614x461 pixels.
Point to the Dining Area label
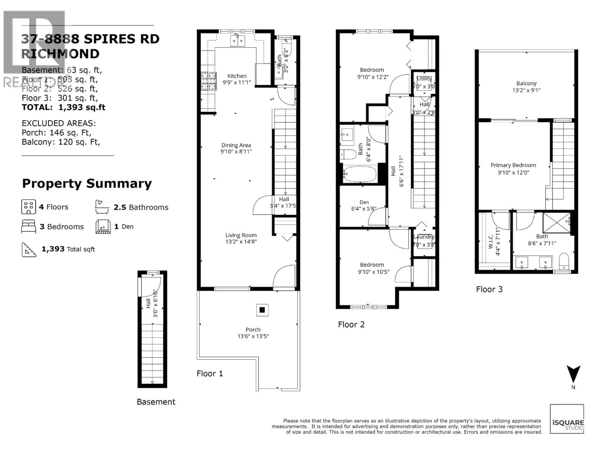point(236,145)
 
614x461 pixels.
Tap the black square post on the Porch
point(262,310)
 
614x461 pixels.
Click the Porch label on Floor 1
point(253,330)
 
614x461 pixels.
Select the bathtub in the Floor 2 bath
point(360,174)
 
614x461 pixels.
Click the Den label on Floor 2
point(364,202)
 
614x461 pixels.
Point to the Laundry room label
point(424,237)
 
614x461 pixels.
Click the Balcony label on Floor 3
point(526,83)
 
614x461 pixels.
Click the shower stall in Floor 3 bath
point(556,223)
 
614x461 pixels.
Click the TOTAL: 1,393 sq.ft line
point(64,107)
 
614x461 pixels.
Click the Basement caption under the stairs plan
point(156,402)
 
